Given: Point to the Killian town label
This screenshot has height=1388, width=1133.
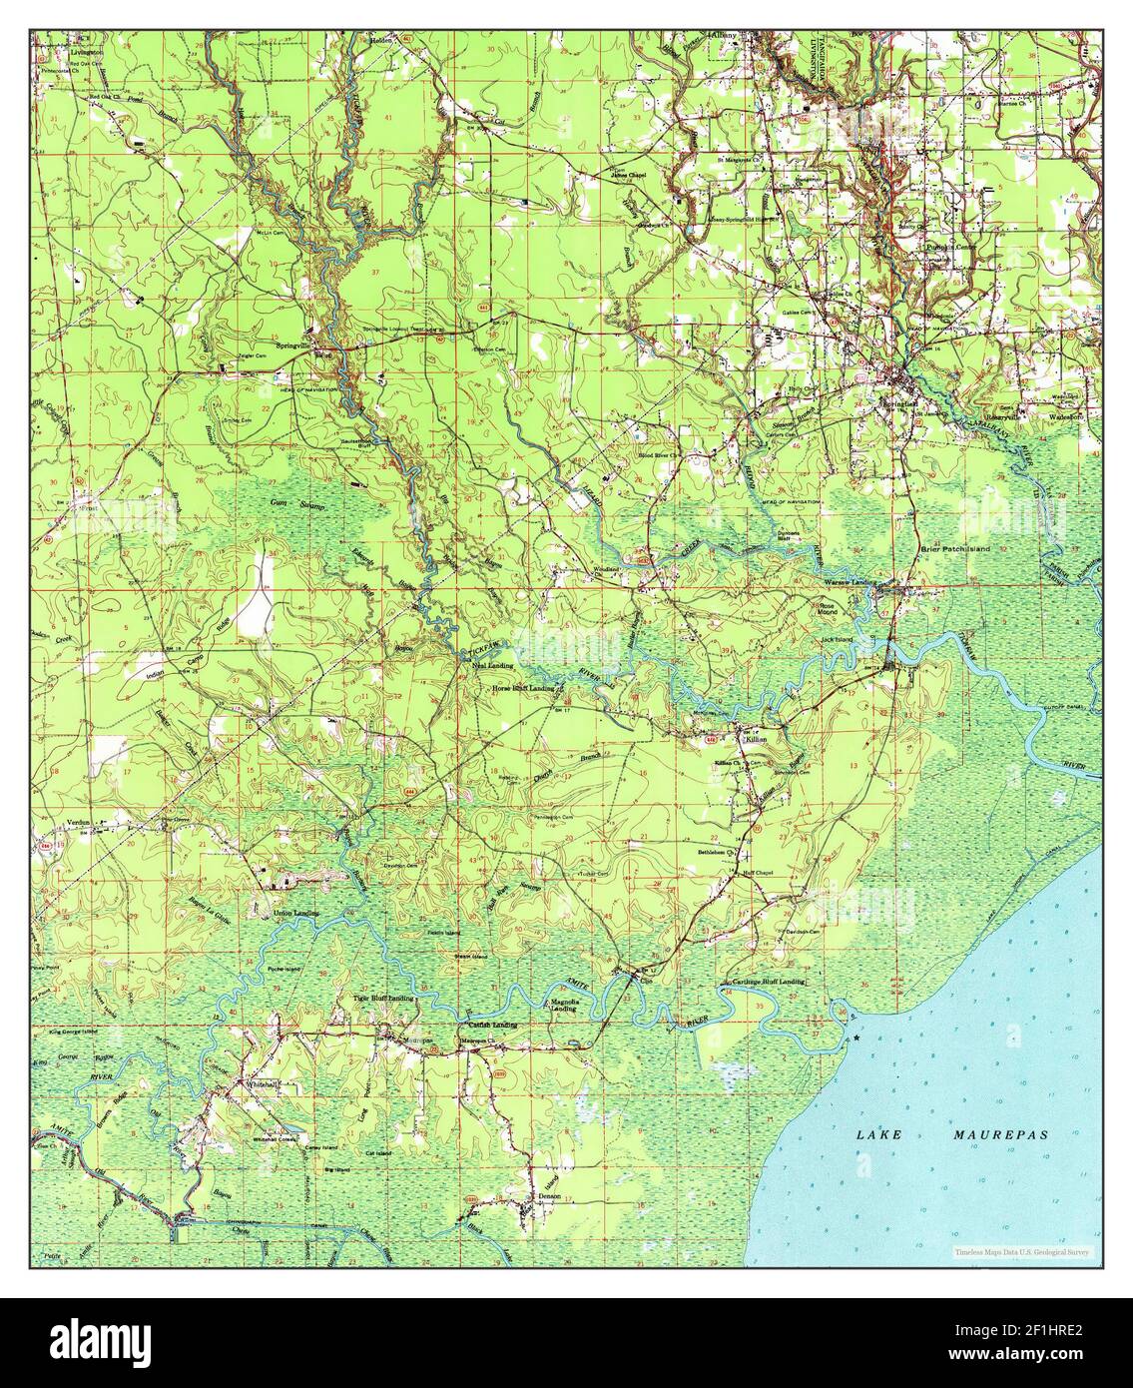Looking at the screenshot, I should pyautogui.click(x=755, y=739).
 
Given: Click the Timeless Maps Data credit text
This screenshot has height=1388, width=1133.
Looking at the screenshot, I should pyautogui.click(x=1022, y=1251).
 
